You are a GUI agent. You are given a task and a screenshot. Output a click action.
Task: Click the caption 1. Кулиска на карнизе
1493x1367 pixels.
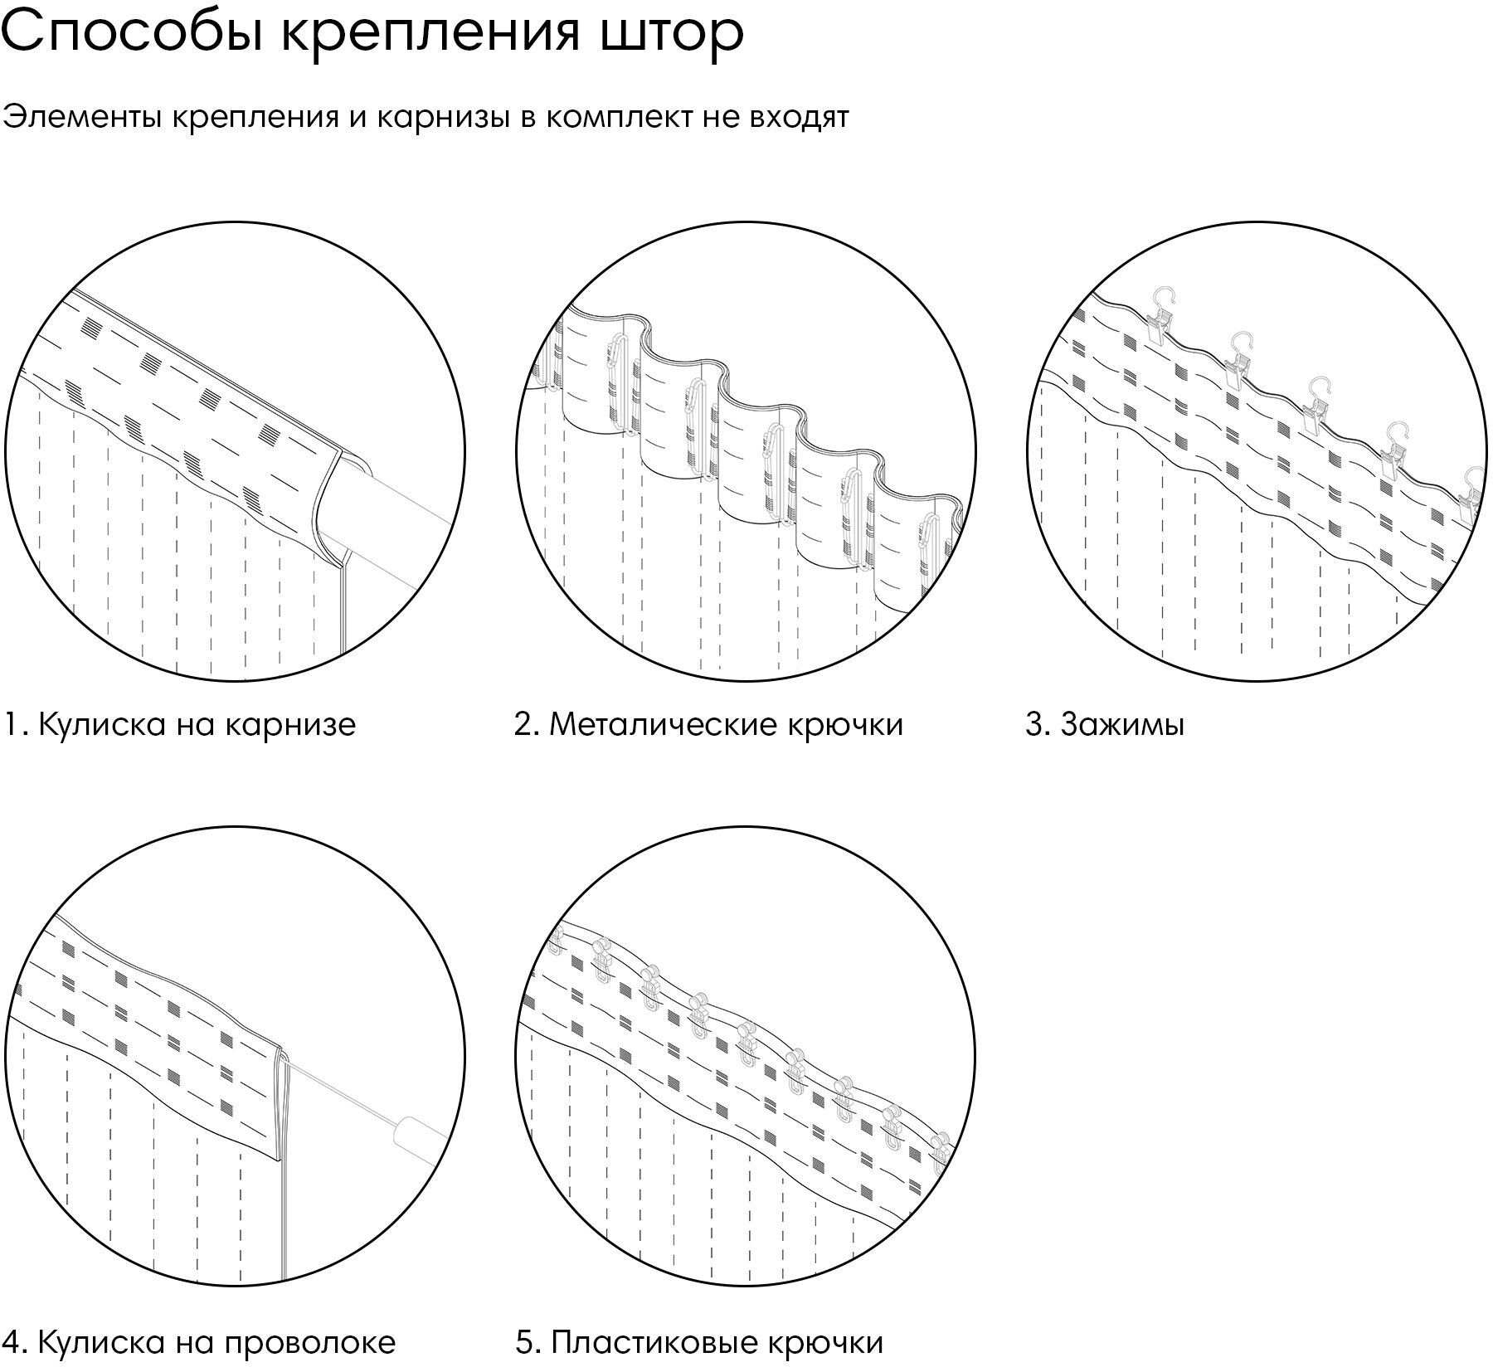[180, 725]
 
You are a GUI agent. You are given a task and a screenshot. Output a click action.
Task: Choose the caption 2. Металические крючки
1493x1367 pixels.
[708, 725]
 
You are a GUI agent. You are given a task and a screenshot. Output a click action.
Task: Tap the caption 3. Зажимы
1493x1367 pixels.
[1105, 725]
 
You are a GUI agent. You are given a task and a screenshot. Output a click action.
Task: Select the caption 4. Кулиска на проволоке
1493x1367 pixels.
[199, 1342]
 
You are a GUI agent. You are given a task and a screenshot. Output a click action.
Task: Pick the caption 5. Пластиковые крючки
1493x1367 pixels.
[699, 1342]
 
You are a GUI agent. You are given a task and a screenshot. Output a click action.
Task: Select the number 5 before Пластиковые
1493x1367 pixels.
[524, 1342]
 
